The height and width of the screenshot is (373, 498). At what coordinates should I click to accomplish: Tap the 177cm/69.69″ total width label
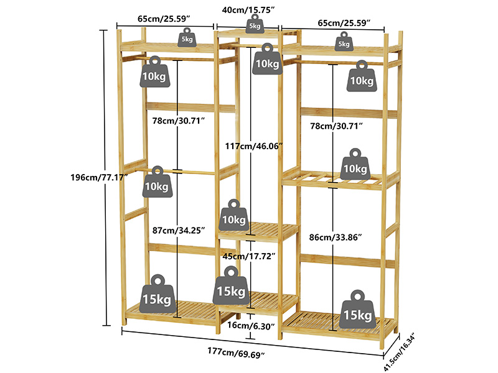coord(236,352)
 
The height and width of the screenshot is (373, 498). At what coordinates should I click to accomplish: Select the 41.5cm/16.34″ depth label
coord(400,352)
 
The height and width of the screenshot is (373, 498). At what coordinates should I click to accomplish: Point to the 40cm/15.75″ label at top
coord(248,10)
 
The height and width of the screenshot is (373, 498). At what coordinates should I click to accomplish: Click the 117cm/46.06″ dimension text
coord(254,146)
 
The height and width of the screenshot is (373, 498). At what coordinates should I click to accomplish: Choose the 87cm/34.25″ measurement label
coord(179,230)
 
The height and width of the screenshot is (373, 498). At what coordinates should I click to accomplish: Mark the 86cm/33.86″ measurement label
coord(336,237)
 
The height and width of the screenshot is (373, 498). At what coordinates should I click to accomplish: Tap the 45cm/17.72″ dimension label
coord(248,256)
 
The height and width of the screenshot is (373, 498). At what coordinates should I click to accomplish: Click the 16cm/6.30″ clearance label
coord(251,326)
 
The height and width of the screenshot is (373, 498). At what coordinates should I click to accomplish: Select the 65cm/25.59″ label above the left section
coord(164,19)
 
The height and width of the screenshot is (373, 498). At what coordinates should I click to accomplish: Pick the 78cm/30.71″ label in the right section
coord(336,126)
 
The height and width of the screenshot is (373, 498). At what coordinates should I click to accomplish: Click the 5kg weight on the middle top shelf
coord(255,24)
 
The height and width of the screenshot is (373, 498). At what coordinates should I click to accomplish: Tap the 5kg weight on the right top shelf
coord(344,41)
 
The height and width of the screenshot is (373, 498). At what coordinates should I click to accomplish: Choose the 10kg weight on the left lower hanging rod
coord(157,182)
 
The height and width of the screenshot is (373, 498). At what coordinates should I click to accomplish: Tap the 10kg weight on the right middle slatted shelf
coord(355,164)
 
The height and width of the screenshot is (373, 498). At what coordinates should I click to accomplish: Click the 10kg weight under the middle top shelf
coord(268,59)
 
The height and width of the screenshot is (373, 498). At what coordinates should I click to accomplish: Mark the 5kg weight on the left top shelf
coord(187,37)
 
